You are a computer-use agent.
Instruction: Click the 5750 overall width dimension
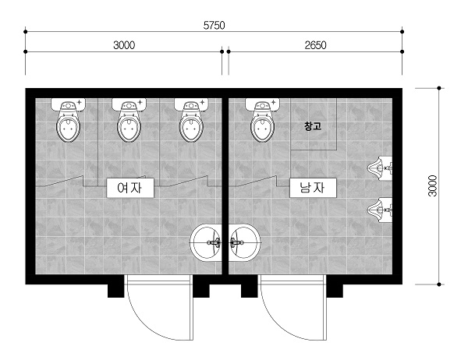tap(214, 26)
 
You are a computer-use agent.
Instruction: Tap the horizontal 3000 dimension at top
tap(124, 45)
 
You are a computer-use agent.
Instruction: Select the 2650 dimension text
tap(315, 45)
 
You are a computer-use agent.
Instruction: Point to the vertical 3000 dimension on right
tap(432, 185)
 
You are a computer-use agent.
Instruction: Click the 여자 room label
tap(130, 188)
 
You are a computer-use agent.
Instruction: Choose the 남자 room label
tap(313, 188)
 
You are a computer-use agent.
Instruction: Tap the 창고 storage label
tap(313, 126)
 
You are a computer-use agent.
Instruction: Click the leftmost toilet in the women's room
tap(69, 120)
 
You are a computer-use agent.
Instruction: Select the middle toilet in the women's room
tap(129, 120)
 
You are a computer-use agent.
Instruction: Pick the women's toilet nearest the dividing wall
tap(191, 120)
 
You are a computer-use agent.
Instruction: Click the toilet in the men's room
tap(262, 120)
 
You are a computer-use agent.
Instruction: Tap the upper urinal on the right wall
tap(380, 168)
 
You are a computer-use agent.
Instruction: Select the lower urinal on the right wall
tap(380, 210)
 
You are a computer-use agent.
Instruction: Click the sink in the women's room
tap(206, 242)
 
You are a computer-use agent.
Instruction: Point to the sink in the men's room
tap(245, 242)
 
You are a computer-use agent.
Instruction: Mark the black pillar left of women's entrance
tap(115, 291)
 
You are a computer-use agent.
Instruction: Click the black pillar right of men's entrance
tap(335, 291)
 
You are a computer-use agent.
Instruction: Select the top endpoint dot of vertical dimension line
tap(438, 88)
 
